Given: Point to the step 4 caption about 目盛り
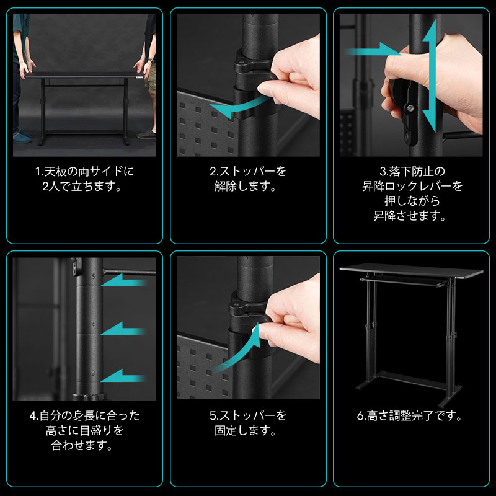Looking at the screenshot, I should click(x=84, y=430).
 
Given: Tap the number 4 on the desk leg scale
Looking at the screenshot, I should click(x=93, y=324).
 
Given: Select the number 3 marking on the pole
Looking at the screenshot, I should click(x=93, y=373).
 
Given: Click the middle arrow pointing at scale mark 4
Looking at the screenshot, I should click(x=124, y=329).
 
